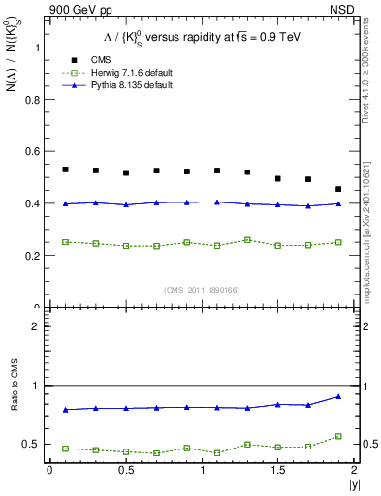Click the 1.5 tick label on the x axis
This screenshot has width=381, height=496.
pyautogui.click(x=278, y=471)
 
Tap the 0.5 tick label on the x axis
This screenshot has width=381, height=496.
pyautogui.click(x=125, y=471)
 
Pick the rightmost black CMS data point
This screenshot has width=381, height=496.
pyautogui.click(x=338, y=189)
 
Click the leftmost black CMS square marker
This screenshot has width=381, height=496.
pyautogui.click(x=65, y=170)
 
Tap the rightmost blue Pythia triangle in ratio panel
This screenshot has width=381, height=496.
pyautogui.click(x=338, y=396)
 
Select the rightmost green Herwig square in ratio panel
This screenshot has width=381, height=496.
pyautogui.click(x=338, y=436)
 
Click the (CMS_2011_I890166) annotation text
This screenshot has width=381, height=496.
pyautogui.click(x=201, y=290)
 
